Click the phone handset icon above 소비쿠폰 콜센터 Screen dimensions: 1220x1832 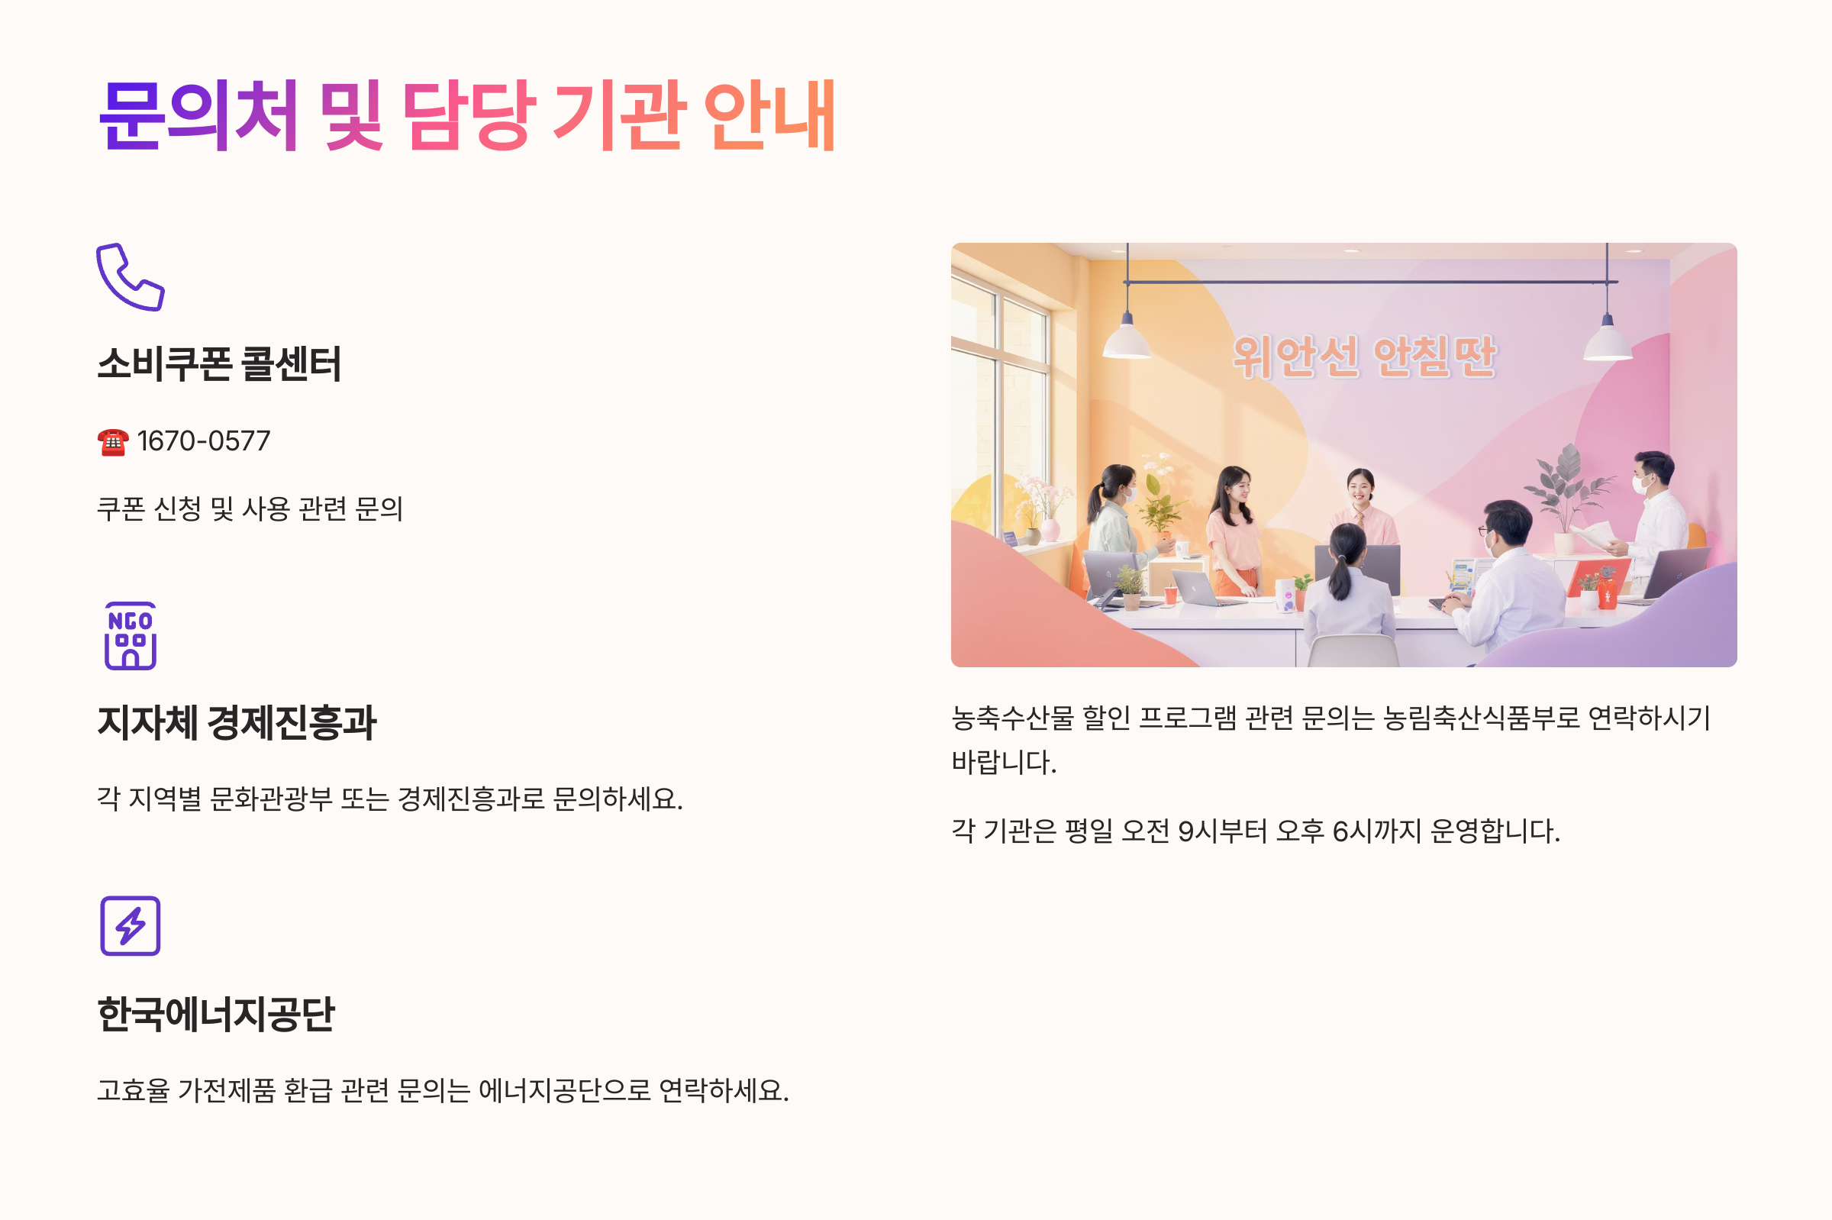[130, 277]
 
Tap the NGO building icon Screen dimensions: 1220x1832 [130, 636]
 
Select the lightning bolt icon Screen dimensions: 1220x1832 [130, 926]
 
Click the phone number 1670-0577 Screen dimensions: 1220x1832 [204, 441]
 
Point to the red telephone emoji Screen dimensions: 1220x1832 [113, 442]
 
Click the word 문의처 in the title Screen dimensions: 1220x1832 [199, 115]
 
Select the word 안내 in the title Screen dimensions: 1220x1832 [769, 115]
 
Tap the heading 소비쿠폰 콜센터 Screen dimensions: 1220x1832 [218, 363]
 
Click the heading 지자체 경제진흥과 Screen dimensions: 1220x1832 [237, 722]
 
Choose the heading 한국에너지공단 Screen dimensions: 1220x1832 [215, 1014]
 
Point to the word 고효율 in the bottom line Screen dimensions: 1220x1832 [133, 1090]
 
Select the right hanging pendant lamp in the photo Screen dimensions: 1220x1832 [1607, 341]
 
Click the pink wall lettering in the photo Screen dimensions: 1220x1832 [1365, 357]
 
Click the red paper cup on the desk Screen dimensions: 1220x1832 [1170, 595]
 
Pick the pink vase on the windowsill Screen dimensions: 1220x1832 [1050, 530]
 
